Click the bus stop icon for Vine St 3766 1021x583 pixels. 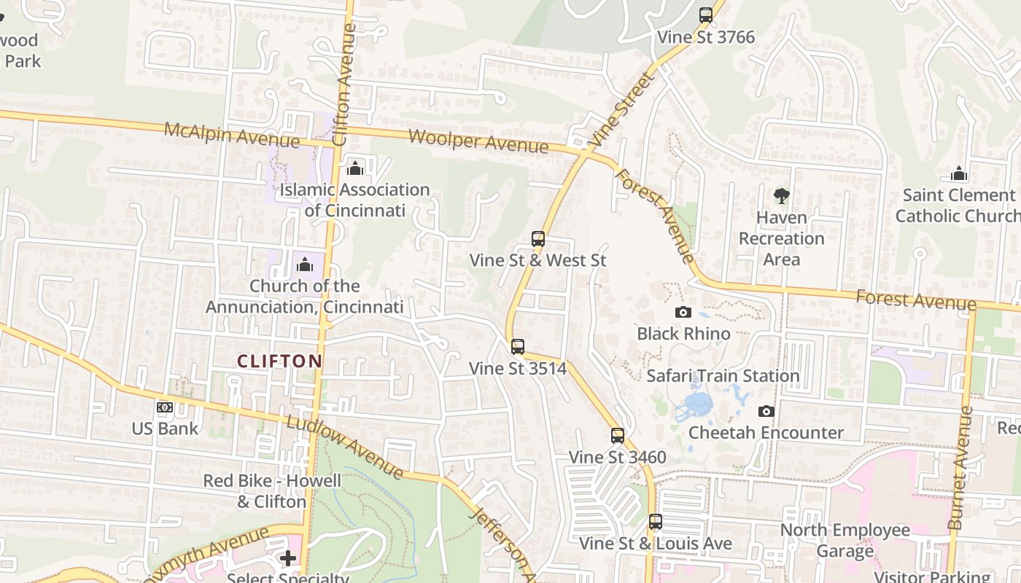pos(705,15)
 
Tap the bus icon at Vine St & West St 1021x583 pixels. pos(538,238)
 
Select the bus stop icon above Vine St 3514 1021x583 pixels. pos(518,346)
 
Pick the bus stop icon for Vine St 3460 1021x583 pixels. pos(618,435)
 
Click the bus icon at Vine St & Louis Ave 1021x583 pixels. pos(656,521)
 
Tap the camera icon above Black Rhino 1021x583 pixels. pos(683,312)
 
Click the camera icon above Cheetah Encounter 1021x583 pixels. pos(766,411)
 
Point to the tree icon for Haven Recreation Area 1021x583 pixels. pos(781,195)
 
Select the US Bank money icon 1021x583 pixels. pos(165,407)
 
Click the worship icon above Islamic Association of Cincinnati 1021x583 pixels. pos(355,168)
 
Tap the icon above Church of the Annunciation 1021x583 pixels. pos(305,264)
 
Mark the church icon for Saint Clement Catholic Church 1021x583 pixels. pos(959,173)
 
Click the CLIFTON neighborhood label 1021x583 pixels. pos(280,361)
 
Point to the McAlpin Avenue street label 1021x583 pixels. pos(231,135)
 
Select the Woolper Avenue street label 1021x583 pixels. pos(478,141)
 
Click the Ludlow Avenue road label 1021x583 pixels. pos(344,447)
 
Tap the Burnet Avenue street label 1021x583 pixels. pos(960,466)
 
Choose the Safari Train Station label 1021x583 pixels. pos(723,376)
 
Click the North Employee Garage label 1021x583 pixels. pos(845,540)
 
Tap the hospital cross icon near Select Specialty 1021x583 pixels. pos(288,558)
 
